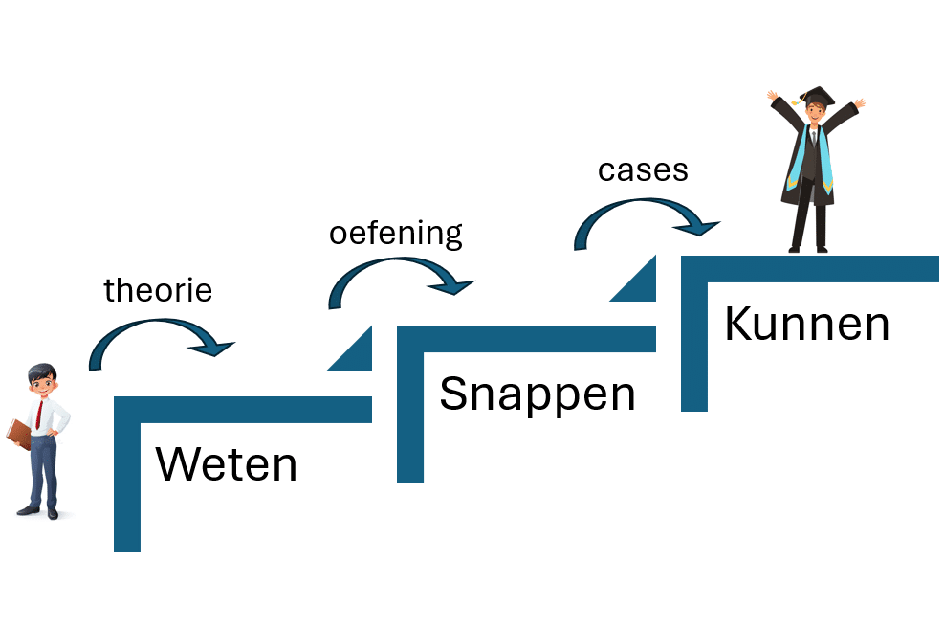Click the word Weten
click(x=226, y=465)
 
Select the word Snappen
click(x=537, y=394)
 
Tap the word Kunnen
click(x=806, y=324)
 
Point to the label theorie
click(x=158, y=289)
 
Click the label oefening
click(x=395, y=233)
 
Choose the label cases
click(x=643, y=169)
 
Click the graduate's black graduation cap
click(x=816, y=97)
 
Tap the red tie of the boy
click(x=38, y=413)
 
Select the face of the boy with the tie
click(x=42, y=382)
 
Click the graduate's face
click(x=815, y=112)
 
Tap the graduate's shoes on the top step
click(x=808, y=249)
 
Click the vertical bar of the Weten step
click(x=127, y=479)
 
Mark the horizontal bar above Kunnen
click(x=813, y=269)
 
